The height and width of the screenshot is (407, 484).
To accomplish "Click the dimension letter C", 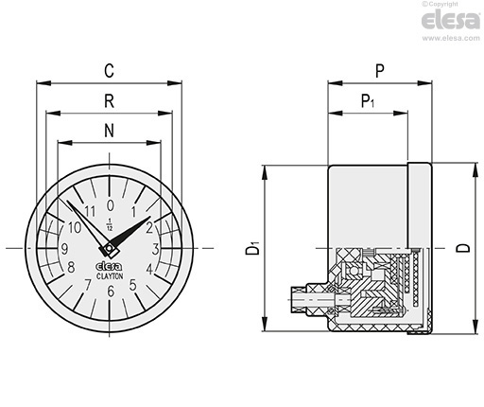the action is tap(109, 71).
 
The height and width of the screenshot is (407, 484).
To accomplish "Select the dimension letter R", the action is tap(109, 101).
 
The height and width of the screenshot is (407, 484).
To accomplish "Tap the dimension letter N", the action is tap(109, 131).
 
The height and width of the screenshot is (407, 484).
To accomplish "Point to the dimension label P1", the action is tap(368, 101).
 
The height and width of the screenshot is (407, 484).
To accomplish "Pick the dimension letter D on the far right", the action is tap(463, 248).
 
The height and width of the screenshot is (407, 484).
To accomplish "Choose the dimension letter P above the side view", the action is tap(380, 71).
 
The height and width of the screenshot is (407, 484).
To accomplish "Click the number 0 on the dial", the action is tap(110, 205).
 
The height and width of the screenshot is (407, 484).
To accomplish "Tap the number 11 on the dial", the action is tap(90, 211).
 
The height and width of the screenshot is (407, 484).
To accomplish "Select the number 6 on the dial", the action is tap(111, 292).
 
